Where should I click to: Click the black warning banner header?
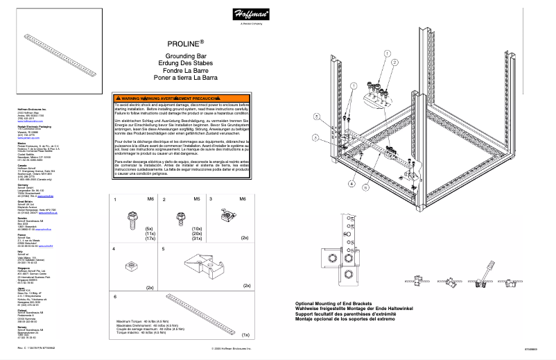[x=183, y=99]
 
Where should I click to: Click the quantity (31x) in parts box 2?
[x=197, y=239]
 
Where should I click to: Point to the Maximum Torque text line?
[x=139, y=322]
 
